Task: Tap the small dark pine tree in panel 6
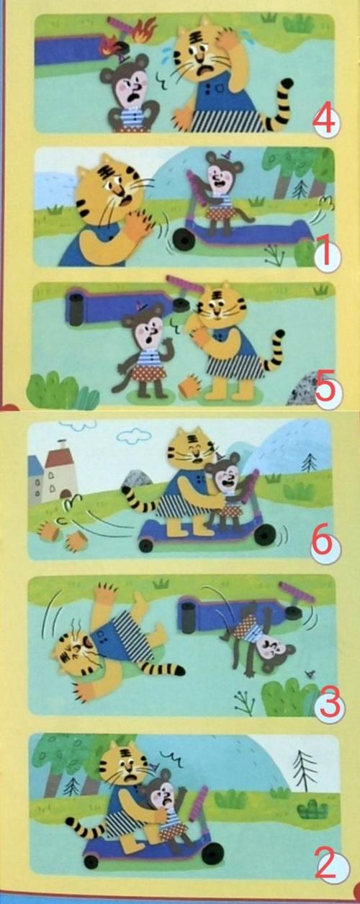[x=309, y=463]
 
